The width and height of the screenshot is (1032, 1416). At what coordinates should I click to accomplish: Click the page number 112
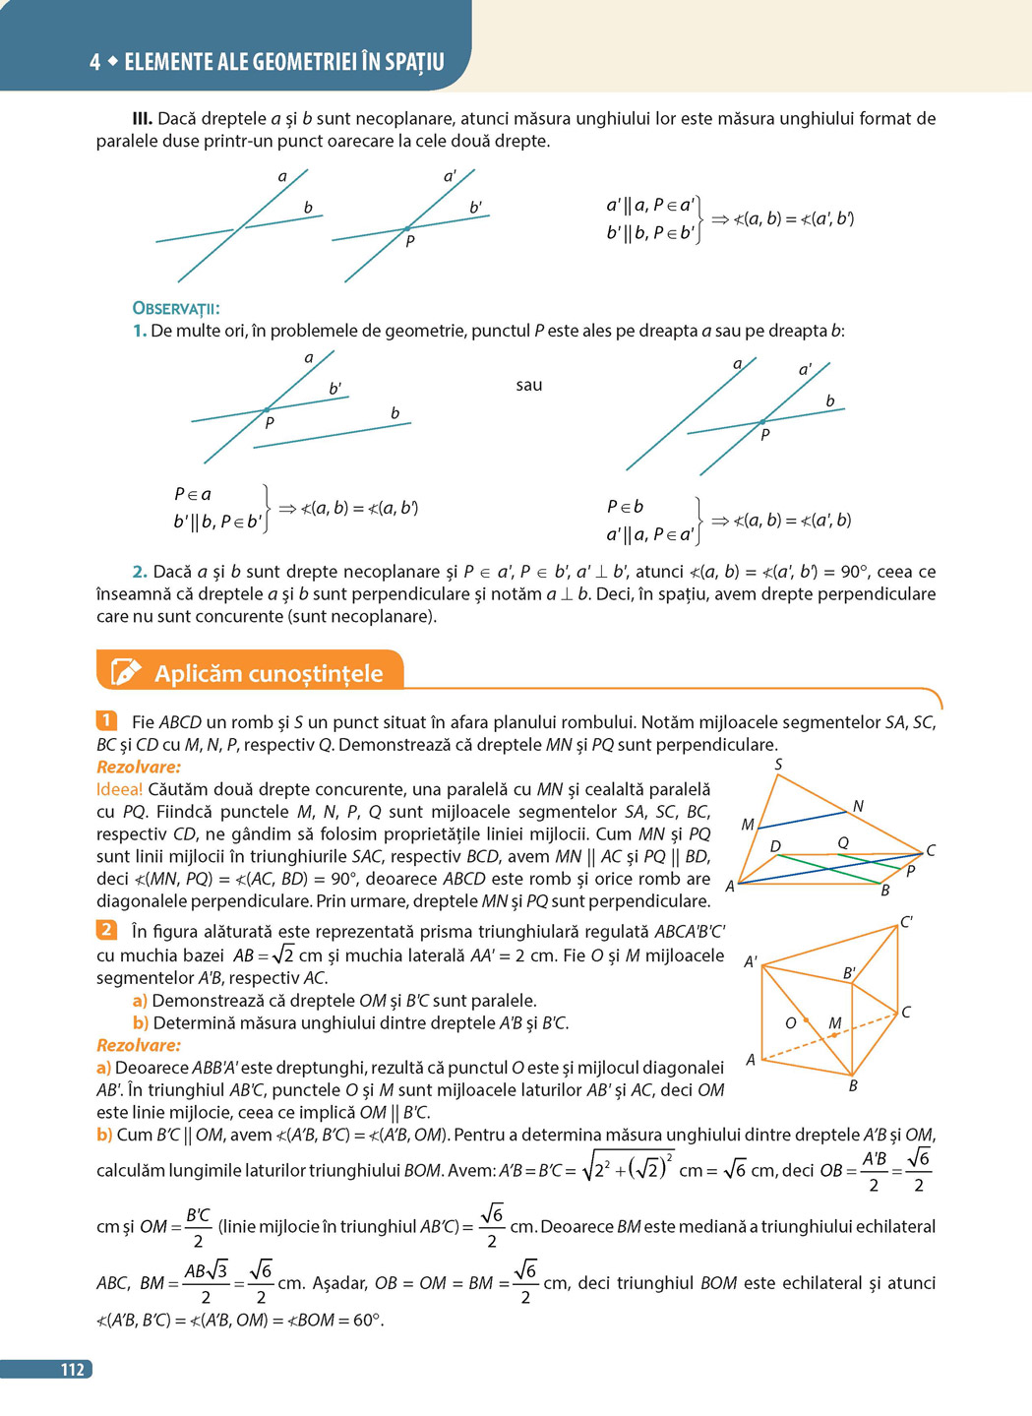(72, 1369)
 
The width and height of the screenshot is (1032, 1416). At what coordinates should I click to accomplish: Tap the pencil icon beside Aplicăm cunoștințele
(126, 672)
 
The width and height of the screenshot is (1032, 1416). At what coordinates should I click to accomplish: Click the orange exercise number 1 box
(106, 721)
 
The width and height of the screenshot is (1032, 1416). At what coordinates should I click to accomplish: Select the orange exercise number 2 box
(106, 930)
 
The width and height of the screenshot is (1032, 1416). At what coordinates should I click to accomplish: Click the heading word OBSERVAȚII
(176, 308)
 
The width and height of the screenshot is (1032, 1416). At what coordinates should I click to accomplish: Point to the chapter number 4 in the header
(94, 62)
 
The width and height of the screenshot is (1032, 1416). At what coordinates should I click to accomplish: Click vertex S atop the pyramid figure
(778, 765)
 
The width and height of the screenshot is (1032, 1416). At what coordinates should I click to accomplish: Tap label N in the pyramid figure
(858, 807)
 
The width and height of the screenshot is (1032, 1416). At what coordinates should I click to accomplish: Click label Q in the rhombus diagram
(843, 842)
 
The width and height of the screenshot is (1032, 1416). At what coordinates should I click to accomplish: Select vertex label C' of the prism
(906, 922)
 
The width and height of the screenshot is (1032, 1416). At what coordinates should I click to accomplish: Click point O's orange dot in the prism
(806, 1020)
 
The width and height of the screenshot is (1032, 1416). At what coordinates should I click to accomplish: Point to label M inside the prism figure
(834, 1023)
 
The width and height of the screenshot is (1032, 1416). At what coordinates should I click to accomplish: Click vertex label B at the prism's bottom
(853, 1085)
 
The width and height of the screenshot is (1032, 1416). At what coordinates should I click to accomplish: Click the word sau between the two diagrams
(529, 385)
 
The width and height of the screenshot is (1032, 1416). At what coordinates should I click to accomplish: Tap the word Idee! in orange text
(119, 789)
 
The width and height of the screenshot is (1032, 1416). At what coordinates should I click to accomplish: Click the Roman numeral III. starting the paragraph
(143, 118)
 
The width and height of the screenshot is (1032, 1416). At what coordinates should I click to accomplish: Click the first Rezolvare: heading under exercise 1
(139, 767)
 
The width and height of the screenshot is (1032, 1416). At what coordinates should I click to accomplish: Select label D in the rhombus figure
(775, 846)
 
